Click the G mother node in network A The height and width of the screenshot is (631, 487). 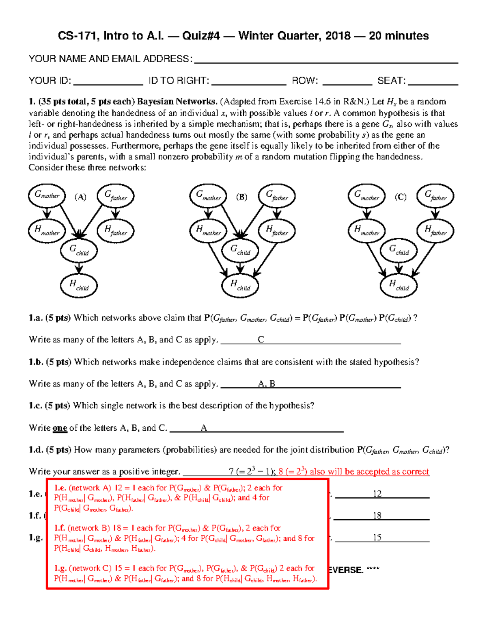point(47,195)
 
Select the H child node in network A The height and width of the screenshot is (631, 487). point(79,285)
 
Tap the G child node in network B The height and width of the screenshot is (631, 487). point(240,250)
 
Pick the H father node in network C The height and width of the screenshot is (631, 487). point(435,230)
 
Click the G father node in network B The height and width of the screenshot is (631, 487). point(277,196)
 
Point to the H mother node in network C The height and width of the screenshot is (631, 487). point(366,230)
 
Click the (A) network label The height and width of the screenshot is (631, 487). point(80,197)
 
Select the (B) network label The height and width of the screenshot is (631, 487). point(242,197)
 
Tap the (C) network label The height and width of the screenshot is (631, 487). point(401,197)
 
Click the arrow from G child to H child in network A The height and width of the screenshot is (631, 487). point(79,268)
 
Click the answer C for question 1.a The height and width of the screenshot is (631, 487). point(261,340)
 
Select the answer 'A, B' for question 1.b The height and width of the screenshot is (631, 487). point(267,384)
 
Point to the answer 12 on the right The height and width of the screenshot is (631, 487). point(377,494)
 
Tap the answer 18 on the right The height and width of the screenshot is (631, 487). point(377,516)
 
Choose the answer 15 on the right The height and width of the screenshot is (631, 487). point(377,538)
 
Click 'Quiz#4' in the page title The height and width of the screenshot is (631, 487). point(201,36)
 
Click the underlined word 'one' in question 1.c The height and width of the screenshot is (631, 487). point(60,428)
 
